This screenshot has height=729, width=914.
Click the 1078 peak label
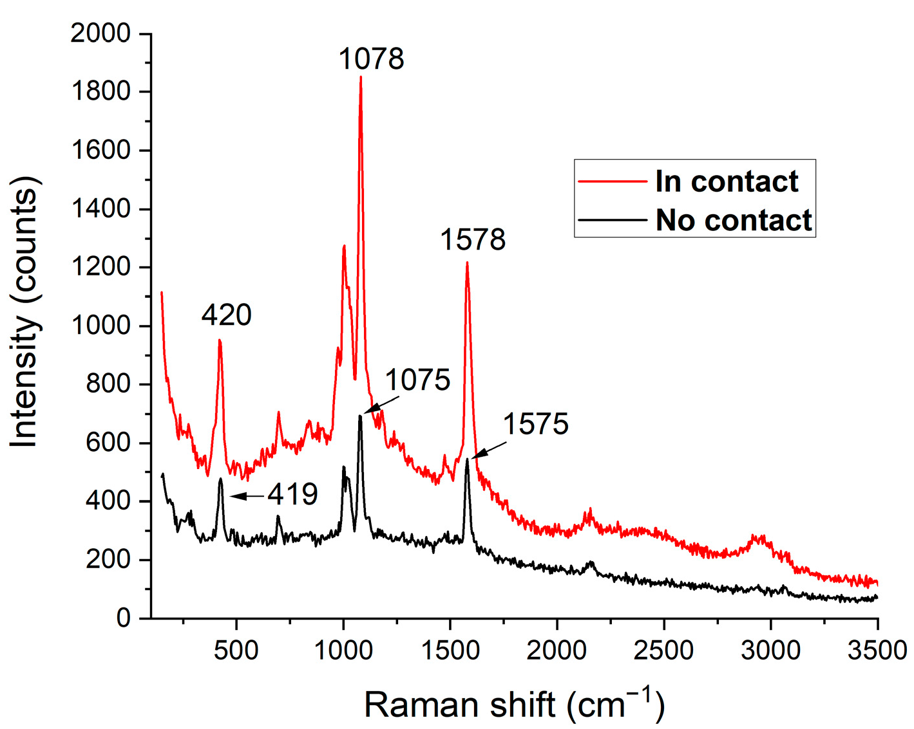pos(371,59)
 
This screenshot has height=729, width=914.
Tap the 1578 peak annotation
pos(473,240)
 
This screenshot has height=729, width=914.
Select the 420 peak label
pos(226,315)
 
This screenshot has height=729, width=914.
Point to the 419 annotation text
pos(293,495)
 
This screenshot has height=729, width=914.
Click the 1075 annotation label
pos(417,380)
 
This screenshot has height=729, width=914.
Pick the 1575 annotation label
pos(535,425)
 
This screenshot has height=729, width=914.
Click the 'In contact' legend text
pos(727,181)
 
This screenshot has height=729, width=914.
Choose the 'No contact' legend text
pos(734,221)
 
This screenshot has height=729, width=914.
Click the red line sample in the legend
pos(613,181)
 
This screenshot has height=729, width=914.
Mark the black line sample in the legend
pos(613,220)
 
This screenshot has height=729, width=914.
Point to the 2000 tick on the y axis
pos(100,33)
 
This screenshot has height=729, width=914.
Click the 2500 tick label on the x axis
pos(663,651)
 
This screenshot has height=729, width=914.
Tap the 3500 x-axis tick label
pos(877,651)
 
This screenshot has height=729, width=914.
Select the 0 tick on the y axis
pos(124,618)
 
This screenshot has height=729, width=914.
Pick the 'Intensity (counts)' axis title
pos(26,312)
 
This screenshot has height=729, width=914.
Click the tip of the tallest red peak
pos(361,77)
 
